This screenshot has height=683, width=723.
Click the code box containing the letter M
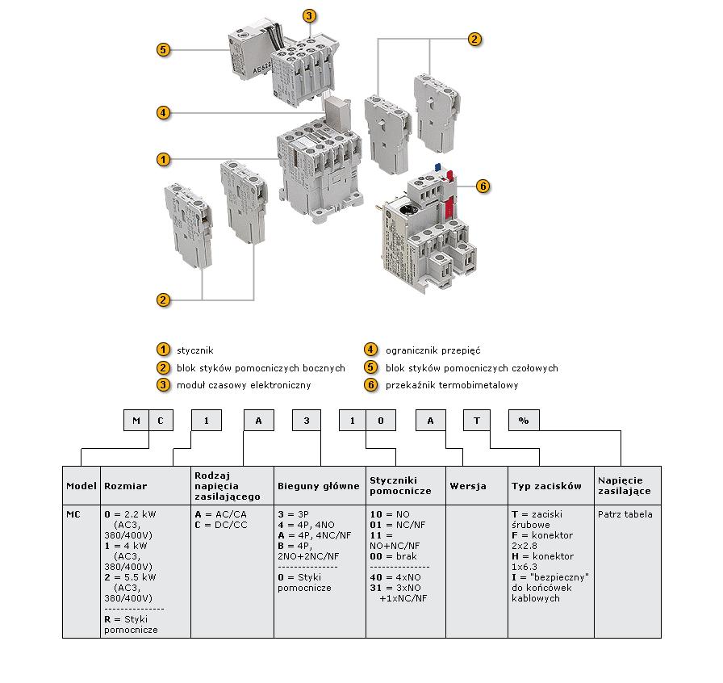pyautogui.click(x=136, y=421)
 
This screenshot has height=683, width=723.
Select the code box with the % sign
pyautogui.click(x=523, y=421)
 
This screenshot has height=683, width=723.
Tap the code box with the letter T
pyautogui.click(x=477, y=421)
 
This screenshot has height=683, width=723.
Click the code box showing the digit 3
pyautogui.click(x=305, y=421)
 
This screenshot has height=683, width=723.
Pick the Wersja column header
pyautogui.click(x=468, y=486)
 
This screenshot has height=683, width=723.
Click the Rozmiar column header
pyautogui.click(x=126, y=486)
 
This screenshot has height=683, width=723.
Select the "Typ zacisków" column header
pyautogui.click(x=546, y=486)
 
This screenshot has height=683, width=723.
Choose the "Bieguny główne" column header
pyautogui.click(x=319, y=486)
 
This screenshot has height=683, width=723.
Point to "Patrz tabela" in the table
pyautogui.click(x=625, y=514)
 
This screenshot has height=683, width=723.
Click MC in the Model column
pyautogui.click(x=73, y=514)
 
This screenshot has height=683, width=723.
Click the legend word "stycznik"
pyautogui.click(x=194, y=350)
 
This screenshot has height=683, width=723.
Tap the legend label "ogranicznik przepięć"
pyautogui.click(x=433, y=350)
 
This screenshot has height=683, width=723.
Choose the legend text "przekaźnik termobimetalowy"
pyautogui.click(x=452, y=385)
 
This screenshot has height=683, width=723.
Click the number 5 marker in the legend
pyautogui.click(x=370, y=367)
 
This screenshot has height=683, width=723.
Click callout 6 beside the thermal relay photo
pyautogui.click(x=483, y=186)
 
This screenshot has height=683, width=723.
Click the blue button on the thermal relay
pyautogui.click(x=438, y=167)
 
